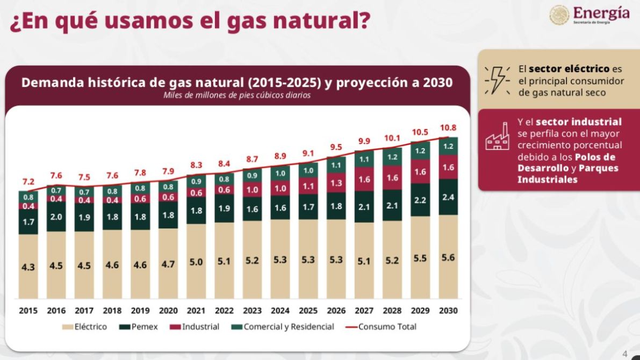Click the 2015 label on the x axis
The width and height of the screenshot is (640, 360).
28,311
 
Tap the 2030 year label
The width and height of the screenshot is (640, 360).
448,311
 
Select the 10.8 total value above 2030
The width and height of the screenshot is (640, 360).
448,128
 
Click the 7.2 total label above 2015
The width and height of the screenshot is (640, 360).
28,182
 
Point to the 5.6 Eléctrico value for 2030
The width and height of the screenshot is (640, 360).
448,257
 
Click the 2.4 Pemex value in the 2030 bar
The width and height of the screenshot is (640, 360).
448,197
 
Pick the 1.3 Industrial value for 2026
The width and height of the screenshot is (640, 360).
336,183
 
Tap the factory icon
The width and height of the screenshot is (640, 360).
498,138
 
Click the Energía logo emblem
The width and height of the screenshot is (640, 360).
559,15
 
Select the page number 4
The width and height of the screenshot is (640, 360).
624,354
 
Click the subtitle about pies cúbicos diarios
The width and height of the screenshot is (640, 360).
237,96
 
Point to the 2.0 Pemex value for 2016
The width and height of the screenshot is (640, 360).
56,217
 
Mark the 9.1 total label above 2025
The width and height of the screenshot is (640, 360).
308,153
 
